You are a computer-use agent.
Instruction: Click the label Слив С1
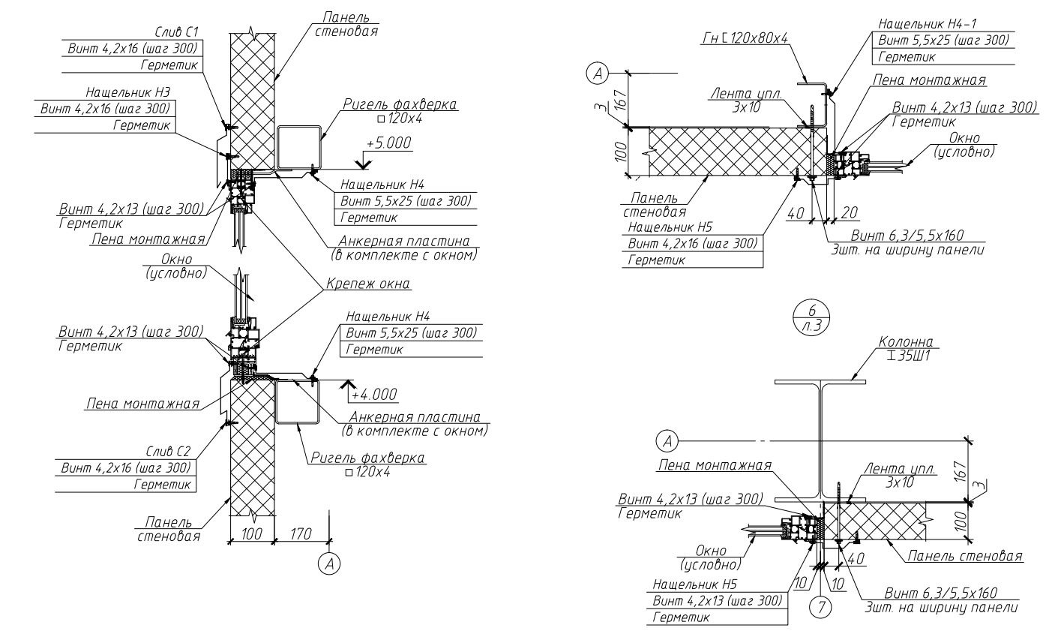point(176,32)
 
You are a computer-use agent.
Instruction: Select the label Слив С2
point(168,451)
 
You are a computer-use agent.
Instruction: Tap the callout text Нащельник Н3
point(127,92)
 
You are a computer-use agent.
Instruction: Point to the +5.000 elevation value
point(389,143)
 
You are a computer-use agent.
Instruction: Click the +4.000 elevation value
point(375,395)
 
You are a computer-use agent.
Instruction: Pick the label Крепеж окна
point(367,284)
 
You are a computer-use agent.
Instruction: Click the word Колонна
point(905,341)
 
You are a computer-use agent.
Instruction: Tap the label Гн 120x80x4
point(745,38)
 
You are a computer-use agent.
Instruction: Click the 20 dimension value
point(849,212)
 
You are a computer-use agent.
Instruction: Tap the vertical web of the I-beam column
point(821,440)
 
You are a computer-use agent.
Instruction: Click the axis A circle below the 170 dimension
point(329,563)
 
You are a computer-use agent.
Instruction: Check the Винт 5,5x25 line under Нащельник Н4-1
point(943,41)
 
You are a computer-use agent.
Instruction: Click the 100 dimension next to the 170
point(251,534)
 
